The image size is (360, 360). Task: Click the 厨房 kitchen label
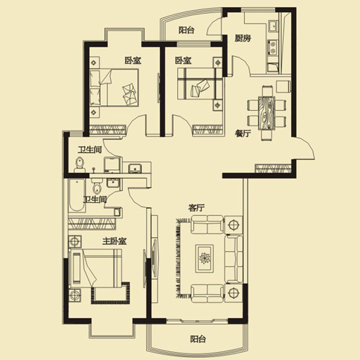point(243,38)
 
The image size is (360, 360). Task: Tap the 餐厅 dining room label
point(243,133)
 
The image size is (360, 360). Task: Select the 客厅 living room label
point(197,207)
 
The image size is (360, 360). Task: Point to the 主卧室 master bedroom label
point(114,241)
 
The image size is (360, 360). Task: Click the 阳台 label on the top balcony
point(186,30)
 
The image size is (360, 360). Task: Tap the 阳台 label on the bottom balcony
point(198,339)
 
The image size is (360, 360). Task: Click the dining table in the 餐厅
point(266,113)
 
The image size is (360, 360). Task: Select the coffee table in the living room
point(204,258)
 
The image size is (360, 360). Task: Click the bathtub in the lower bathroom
point(77,195)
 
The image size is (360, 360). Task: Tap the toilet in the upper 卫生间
point(80,165)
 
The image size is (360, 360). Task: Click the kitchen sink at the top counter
point(273,26)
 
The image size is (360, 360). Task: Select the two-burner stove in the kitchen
point(272,48)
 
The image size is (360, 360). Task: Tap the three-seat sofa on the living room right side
point(233,259)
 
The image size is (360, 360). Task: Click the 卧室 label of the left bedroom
point(132,60)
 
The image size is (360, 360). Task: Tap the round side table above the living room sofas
point(233,225)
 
